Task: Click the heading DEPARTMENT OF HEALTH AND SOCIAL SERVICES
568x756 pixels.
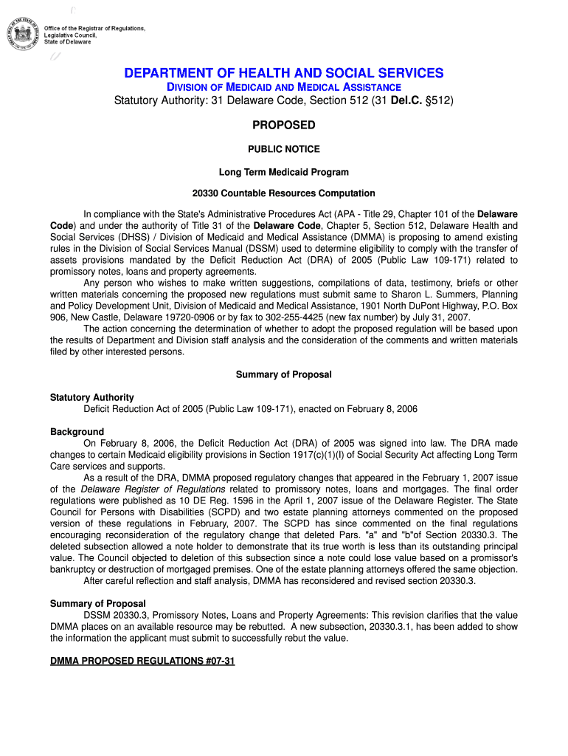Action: [284, 73]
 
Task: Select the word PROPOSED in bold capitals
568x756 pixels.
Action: [284, 125]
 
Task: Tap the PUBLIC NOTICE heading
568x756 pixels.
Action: [284, 149]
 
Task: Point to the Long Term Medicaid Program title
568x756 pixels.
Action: [284, 172]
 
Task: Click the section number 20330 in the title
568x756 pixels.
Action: [206, 193]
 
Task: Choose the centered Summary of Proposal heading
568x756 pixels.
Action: [284, 374]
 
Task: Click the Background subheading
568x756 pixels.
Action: [77, 432]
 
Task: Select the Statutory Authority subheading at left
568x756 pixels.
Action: [92, 397]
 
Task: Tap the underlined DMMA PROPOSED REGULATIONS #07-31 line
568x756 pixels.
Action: [142, 661]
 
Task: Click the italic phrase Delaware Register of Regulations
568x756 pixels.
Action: [153, 489]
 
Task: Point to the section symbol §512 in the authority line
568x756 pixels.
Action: [438, 100]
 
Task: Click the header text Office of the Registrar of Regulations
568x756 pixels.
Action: [94, 28]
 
